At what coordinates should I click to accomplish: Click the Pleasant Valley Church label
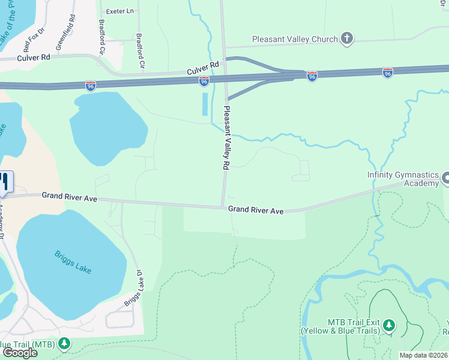(x=295, y=40)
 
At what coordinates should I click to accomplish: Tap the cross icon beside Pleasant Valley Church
(x=346, y=39)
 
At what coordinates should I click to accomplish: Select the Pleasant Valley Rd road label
(x=226, y=139)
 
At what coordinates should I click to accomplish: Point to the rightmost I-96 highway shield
(x=388, y=73)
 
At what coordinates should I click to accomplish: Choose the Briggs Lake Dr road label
(x=133, y=289)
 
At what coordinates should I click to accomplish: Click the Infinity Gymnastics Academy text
(x=403, y=179)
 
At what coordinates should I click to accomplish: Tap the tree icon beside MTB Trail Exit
(x=390, y=325)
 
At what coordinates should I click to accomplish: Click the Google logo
(x=19, y=353)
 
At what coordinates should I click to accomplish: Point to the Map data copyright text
(x=423, y=355)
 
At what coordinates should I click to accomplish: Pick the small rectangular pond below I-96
(x=205, y=104)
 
